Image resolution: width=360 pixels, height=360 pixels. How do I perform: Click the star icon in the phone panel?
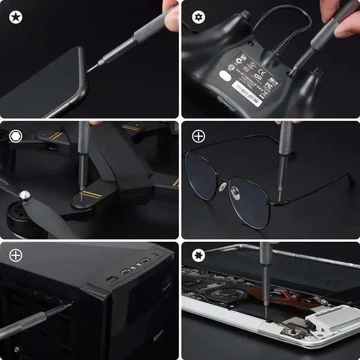[x=16, y=17]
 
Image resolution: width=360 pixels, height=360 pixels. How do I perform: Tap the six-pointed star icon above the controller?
[x=199, y=17]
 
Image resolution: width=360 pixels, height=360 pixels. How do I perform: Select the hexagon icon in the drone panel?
[x=16, y=137]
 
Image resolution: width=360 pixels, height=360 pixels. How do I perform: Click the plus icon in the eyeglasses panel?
[x=199, y=137]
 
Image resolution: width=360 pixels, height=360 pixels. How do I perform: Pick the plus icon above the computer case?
[x=16, y=256]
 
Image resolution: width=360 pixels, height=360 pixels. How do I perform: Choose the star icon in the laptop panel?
[x=199, y=256]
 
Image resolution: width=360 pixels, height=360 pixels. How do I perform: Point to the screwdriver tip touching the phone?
[x=89, y=70]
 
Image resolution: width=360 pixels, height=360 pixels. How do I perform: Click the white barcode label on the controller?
[x=247, y=90]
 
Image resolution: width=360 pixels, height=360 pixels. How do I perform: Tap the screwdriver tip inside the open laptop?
[x=265, y=304]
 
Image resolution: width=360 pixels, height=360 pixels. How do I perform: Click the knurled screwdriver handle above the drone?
[x=84, y=141]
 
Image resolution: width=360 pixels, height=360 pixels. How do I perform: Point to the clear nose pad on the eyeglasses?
[x=223, y=186]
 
